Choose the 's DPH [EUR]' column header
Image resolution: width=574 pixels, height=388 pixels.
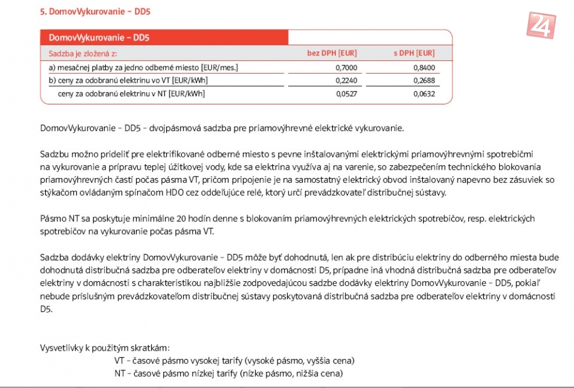tap(414, 54)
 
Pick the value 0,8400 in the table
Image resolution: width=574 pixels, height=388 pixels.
tap(424, 68)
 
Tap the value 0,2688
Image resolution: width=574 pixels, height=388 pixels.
tap(424, 80)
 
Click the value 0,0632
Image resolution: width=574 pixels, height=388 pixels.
tap(424, 94)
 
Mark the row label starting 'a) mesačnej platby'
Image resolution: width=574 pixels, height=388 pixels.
tap(143, 68)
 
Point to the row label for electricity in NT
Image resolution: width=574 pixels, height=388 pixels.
tap(131, 94)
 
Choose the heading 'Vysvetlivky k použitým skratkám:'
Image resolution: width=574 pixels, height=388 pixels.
tap(105, 348)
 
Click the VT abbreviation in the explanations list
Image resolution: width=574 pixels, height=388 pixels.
tap(119, 361)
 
